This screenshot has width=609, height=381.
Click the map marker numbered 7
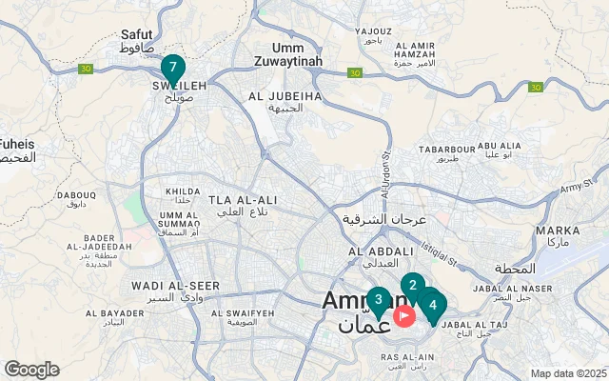(x=172, y=68)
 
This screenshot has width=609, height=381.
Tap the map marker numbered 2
(x=412, y=285)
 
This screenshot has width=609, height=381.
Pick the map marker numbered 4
(x=433, y=305)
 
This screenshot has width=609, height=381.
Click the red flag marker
(x=404, y=314)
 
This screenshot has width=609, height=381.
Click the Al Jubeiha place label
(x=283, y=96)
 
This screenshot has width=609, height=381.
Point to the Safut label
(x=137, y=34)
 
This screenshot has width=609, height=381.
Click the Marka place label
(x=558, y=231)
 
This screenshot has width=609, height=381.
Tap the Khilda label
(x=183, y=191)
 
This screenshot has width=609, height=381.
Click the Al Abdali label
(x=381, y=251)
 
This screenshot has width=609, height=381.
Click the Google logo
(x=31, y=370)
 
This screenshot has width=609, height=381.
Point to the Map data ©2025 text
(x=568, y=373)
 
